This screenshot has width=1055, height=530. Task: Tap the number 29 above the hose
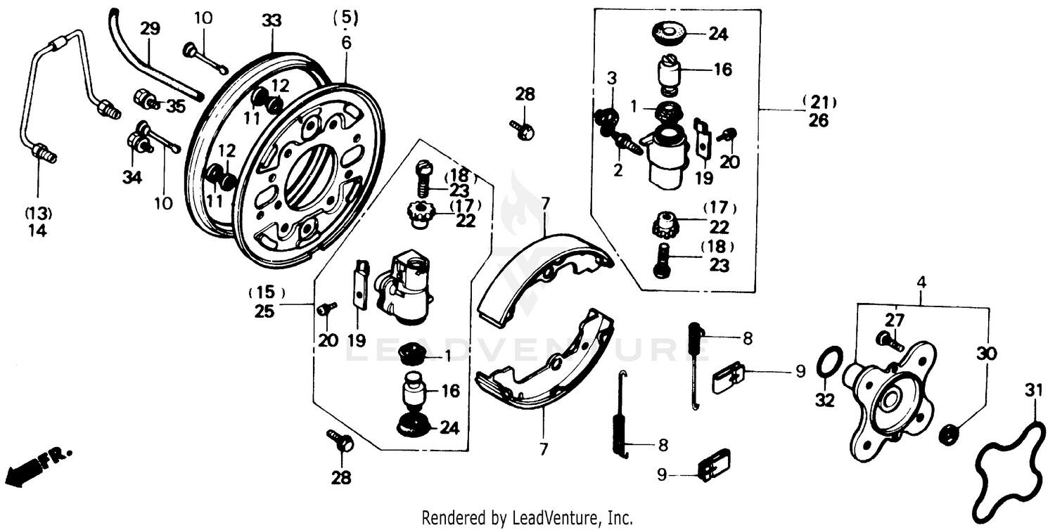150,29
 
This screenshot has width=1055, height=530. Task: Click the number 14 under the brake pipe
37,230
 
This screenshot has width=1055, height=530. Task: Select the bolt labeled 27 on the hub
891,341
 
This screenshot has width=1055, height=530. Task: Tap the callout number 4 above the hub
921,283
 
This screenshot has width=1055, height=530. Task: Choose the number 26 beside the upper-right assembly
818,121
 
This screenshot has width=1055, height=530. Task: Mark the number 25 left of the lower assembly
264,311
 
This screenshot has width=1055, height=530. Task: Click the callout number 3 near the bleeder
612,78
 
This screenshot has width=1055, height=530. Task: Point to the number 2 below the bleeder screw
618,170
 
